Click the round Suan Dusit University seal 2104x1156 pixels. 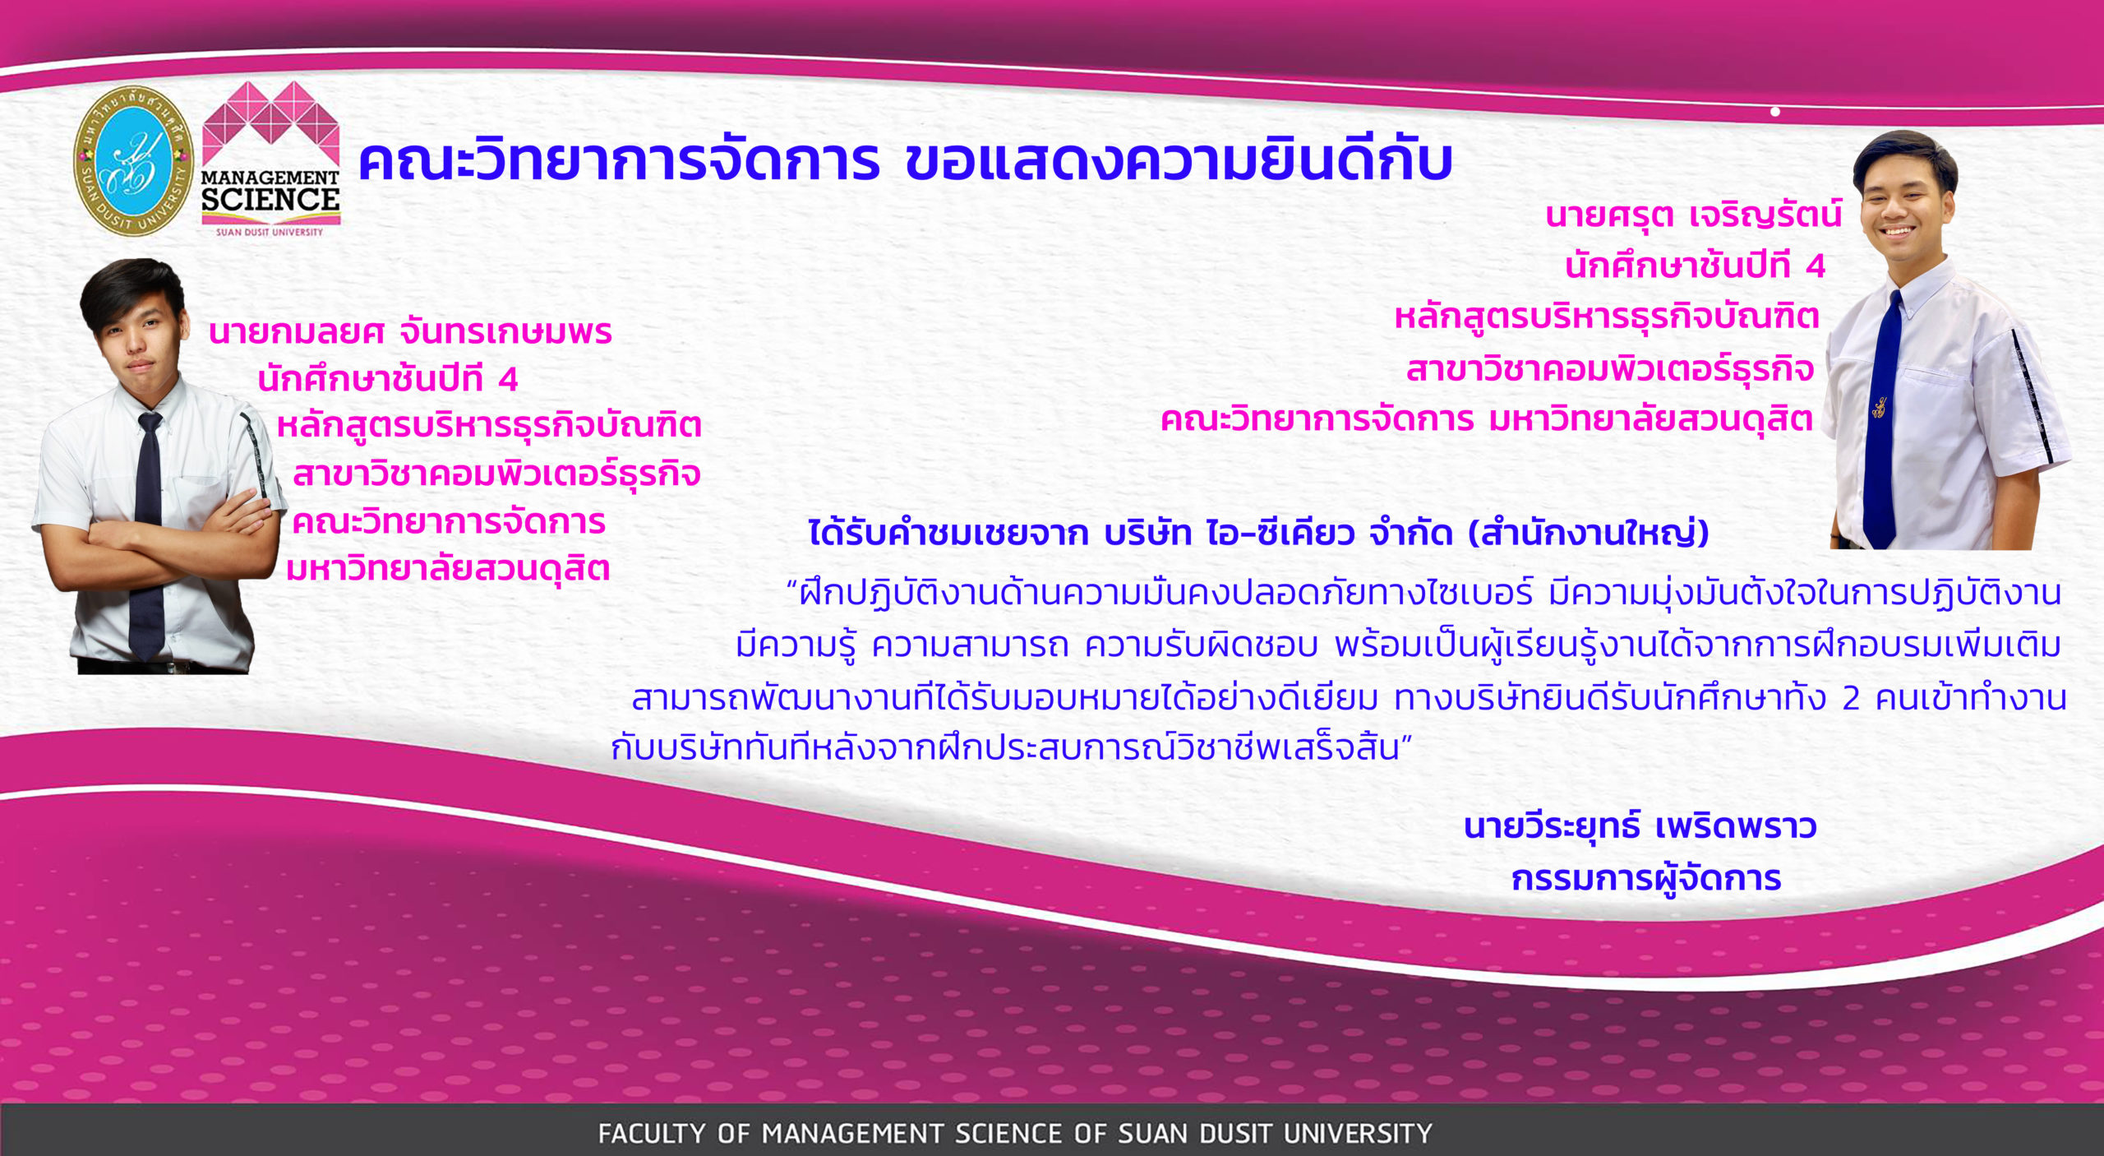[x=134, y=161]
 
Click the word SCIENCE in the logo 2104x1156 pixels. [x=270, y=200]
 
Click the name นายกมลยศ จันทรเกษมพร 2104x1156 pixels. [x=410, y=331]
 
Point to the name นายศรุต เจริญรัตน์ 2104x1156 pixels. [x=1694, y=215]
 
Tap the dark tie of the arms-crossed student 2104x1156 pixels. [x=148, y=534]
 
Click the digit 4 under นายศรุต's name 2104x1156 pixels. [x=1816, y=266]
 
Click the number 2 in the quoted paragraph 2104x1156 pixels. [x=1851, y=699]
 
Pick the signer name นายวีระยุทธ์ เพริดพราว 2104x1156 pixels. [x=1640, y=826]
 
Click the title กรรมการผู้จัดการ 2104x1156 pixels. [x=1646, y=879]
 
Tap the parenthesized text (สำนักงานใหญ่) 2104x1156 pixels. [x=1589, y=534]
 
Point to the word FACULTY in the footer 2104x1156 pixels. [x=652, y=1134]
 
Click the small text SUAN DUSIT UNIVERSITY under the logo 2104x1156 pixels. [x=270, y=232]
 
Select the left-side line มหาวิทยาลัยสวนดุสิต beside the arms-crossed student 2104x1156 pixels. [x=448, y=569]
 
